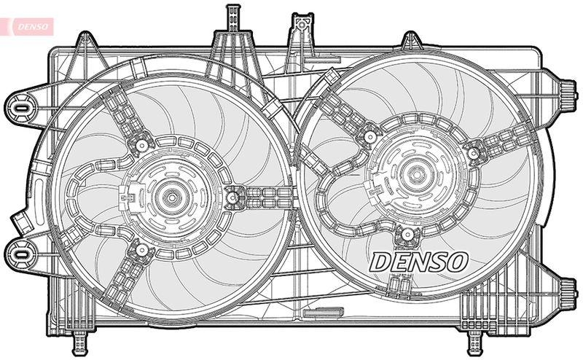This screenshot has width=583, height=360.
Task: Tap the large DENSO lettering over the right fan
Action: (x=418, y=262)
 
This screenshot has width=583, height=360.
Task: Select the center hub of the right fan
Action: (x=415, y=174)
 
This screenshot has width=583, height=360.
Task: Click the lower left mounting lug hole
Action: (x=20, y=253)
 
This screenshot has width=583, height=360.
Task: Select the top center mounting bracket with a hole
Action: (x=299, y=29)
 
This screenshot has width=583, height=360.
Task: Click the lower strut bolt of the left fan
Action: (x=140, y=251)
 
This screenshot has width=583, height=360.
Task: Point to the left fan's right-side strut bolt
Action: (x=233, y=195)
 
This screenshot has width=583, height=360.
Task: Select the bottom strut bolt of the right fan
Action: (x=409, y=234)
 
